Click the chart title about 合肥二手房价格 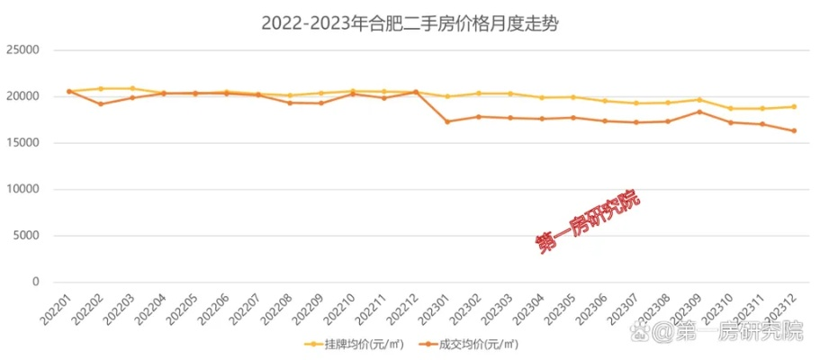pyautogui.click(x=410, y=24)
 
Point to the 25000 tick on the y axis pyautogui.click(x=23, y=50)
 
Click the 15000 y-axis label pyautogui.click(x=23, y=143)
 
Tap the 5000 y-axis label pyautogui.click(x=27, y=236)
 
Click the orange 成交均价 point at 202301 pyautogui.click(x=447, y=121)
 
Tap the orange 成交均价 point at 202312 pyautogui.click(x=794, y=131)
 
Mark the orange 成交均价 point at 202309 pyautogui.click(x=699, y=112)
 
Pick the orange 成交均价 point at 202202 pyautogui.click(x=101, y=104)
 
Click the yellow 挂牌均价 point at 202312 pyautogui.click(x=794, y=107)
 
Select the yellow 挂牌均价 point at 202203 pyautogui.click(x=132, y=89)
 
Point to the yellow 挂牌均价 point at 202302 pyautogui.click(x=479, y=94)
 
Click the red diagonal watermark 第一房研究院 pyautogui.click(x=587, y=221)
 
